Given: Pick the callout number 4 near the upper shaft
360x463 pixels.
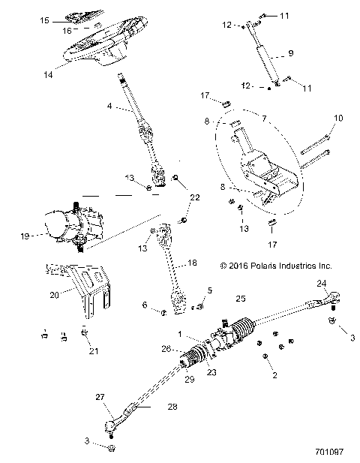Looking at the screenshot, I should click(x=110, y=107).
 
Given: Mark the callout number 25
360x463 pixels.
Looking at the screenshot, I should click(x=240, y=299).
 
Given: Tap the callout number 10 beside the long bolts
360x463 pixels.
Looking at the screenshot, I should click(x=337, y=118).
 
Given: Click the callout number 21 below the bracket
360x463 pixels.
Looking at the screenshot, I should click(x=93, y=350).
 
